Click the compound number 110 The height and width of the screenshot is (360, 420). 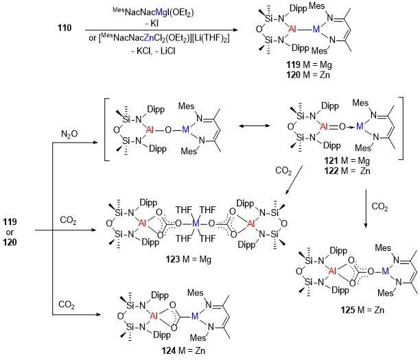tap(65, 28)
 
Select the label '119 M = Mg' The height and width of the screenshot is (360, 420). tap(309, 64)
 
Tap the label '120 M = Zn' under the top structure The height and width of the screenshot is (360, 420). tap(308, 75)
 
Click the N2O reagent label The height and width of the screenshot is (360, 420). tap(69, 134)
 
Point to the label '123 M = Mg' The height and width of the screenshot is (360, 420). tap(188, 259)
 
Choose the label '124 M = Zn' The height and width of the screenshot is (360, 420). tap(183, 350)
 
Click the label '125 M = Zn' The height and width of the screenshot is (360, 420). tap(362, 310)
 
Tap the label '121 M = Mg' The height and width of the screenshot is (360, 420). tap(347, 160)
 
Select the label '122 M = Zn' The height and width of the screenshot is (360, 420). tap(347, 171)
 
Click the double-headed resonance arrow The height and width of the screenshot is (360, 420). tap(254, 125)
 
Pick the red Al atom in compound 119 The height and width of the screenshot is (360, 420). tap(292, 29)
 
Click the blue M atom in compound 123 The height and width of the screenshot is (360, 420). tap(196, 223)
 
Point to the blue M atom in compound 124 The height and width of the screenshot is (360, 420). tap(195, 316)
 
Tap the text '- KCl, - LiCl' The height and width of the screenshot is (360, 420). tap(154, 51)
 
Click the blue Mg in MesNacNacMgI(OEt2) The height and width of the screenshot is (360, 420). tap(161, 12)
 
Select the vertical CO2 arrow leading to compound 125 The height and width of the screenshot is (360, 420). tap(366, 208)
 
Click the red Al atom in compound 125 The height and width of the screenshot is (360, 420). tap(332, 271)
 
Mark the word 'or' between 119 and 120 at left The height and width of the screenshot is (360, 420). tap(10, 232)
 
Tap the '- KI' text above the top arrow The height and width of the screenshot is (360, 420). tap(152, 23)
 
